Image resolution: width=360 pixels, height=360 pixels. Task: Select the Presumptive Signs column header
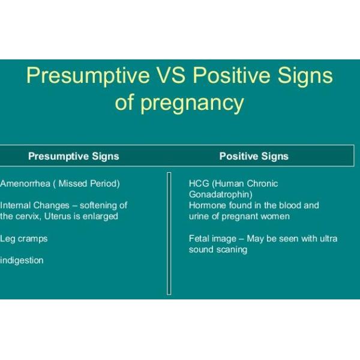tap(74, 156)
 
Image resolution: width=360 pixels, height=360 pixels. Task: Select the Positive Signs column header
tap(254, 156)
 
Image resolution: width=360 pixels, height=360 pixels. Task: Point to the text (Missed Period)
tap(89, 183)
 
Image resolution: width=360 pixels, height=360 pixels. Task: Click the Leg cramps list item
tap(23, 238)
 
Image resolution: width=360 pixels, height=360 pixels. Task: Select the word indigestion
tap(22, 260)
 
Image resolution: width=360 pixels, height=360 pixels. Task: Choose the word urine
tap(199, 216)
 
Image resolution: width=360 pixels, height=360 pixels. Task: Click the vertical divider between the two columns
tap(169, 233)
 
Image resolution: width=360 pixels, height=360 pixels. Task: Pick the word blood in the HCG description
tap(282, 205)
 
